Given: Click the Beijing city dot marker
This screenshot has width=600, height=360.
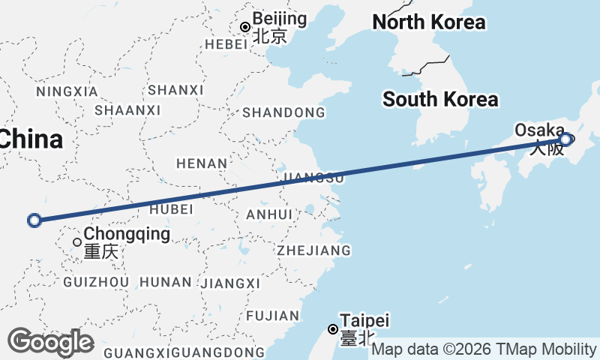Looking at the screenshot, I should click(245, 27).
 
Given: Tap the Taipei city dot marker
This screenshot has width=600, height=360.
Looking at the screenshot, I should click(333, 328).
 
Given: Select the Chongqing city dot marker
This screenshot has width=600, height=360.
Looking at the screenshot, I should click(77, 241).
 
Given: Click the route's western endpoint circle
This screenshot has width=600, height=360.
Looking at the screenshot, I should click(34, 220).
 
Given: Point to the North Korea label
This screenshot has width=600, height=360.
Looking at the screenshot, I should click(429, 22).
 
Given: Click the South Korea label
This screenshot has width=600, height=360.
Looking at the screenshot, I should click(439, 99).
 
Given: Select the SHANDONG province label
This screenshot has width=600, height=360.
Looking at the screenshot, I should click(283, 112).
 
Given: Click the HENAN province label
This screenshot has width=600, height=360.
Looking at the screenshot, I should click(201, 163).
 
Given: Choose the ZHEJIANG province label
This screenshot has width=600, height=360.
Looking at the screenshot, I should click(313, 250).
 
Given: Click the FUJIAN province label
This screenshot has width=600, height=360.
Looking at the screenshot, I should click(272, 316).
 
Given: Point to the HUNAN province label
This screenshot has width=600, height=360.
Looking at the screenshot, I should click(166, 282).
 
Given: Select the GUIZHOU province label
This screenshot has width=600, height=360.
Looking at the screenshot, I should click(97, 282).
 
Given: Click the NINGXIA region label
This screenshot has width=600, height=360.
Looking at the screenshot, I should click(67, 91).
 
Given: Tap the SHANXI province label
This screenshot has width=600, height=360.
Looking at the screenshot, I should click(176, 90).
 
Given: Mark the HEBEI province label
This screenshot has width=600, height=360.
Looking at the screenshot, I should click(226, 44).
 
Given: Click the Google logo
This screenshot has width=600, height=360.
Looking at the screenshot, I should click(50, 342).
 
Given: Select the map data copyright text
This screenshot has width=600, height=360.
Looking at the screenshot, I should click(484, 349).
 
